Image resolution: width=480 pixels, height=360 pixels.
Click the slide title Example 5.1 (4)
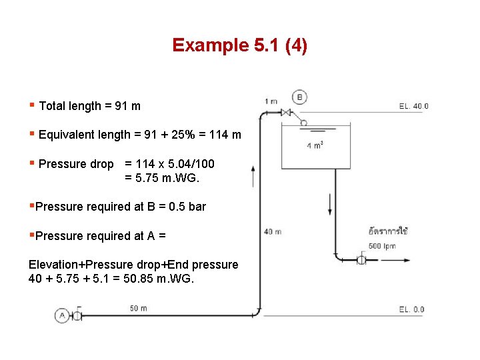[x=239, y=45]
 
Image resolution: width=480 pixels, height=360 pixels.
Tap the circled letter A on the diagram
[x=61, y=315]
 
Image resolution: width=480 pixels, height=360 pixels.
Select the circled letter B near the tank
[x=299, y=97]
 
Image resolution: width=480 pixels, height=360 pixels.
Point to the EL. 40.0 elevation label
[x=413, y=106]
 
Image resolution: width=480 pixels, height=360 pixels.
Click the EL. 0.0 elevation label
[x=411, y=309]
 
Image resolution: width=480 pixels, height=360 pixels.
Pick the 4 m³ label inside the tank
[x=315, y=146]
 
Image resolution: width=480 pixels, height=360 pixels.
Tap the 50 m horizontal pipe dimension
[x=139, y=308]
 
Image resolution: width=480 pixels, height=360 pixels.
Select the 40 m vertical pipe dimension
[x=273, y=232]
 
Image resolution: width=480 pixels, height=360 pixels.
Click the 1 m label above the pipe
[x=271, y=101]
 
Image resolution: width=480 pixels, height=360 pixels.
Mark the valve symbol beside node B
[x=287, y=112]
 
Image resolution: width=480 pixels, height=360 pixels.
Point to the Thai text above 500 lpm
[x=387, y=232]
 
